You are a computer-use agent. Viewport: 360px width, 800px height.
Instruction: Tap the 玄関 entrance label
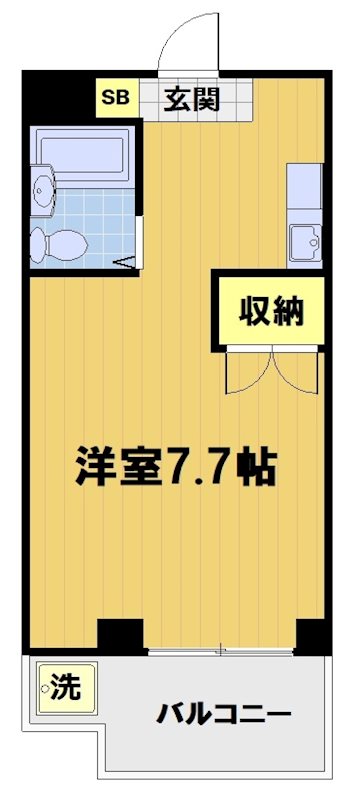(x=193, y=100)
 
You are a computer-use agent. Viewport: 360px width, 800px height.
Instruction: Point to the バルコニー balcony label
(x=223, y=714)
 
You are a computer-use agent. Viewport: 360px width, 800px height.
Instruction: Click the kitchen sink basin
(x=304, y=239)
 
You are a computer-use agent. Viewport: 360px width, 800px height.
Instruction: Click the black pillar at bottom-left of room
(x=120, y=635)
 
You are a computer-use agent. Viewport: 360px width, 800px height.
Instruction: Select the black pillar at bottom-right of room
(x=313, y=635)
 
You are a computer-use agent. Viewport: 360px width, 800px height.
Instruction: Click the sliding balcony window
(x=220, y=651)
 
